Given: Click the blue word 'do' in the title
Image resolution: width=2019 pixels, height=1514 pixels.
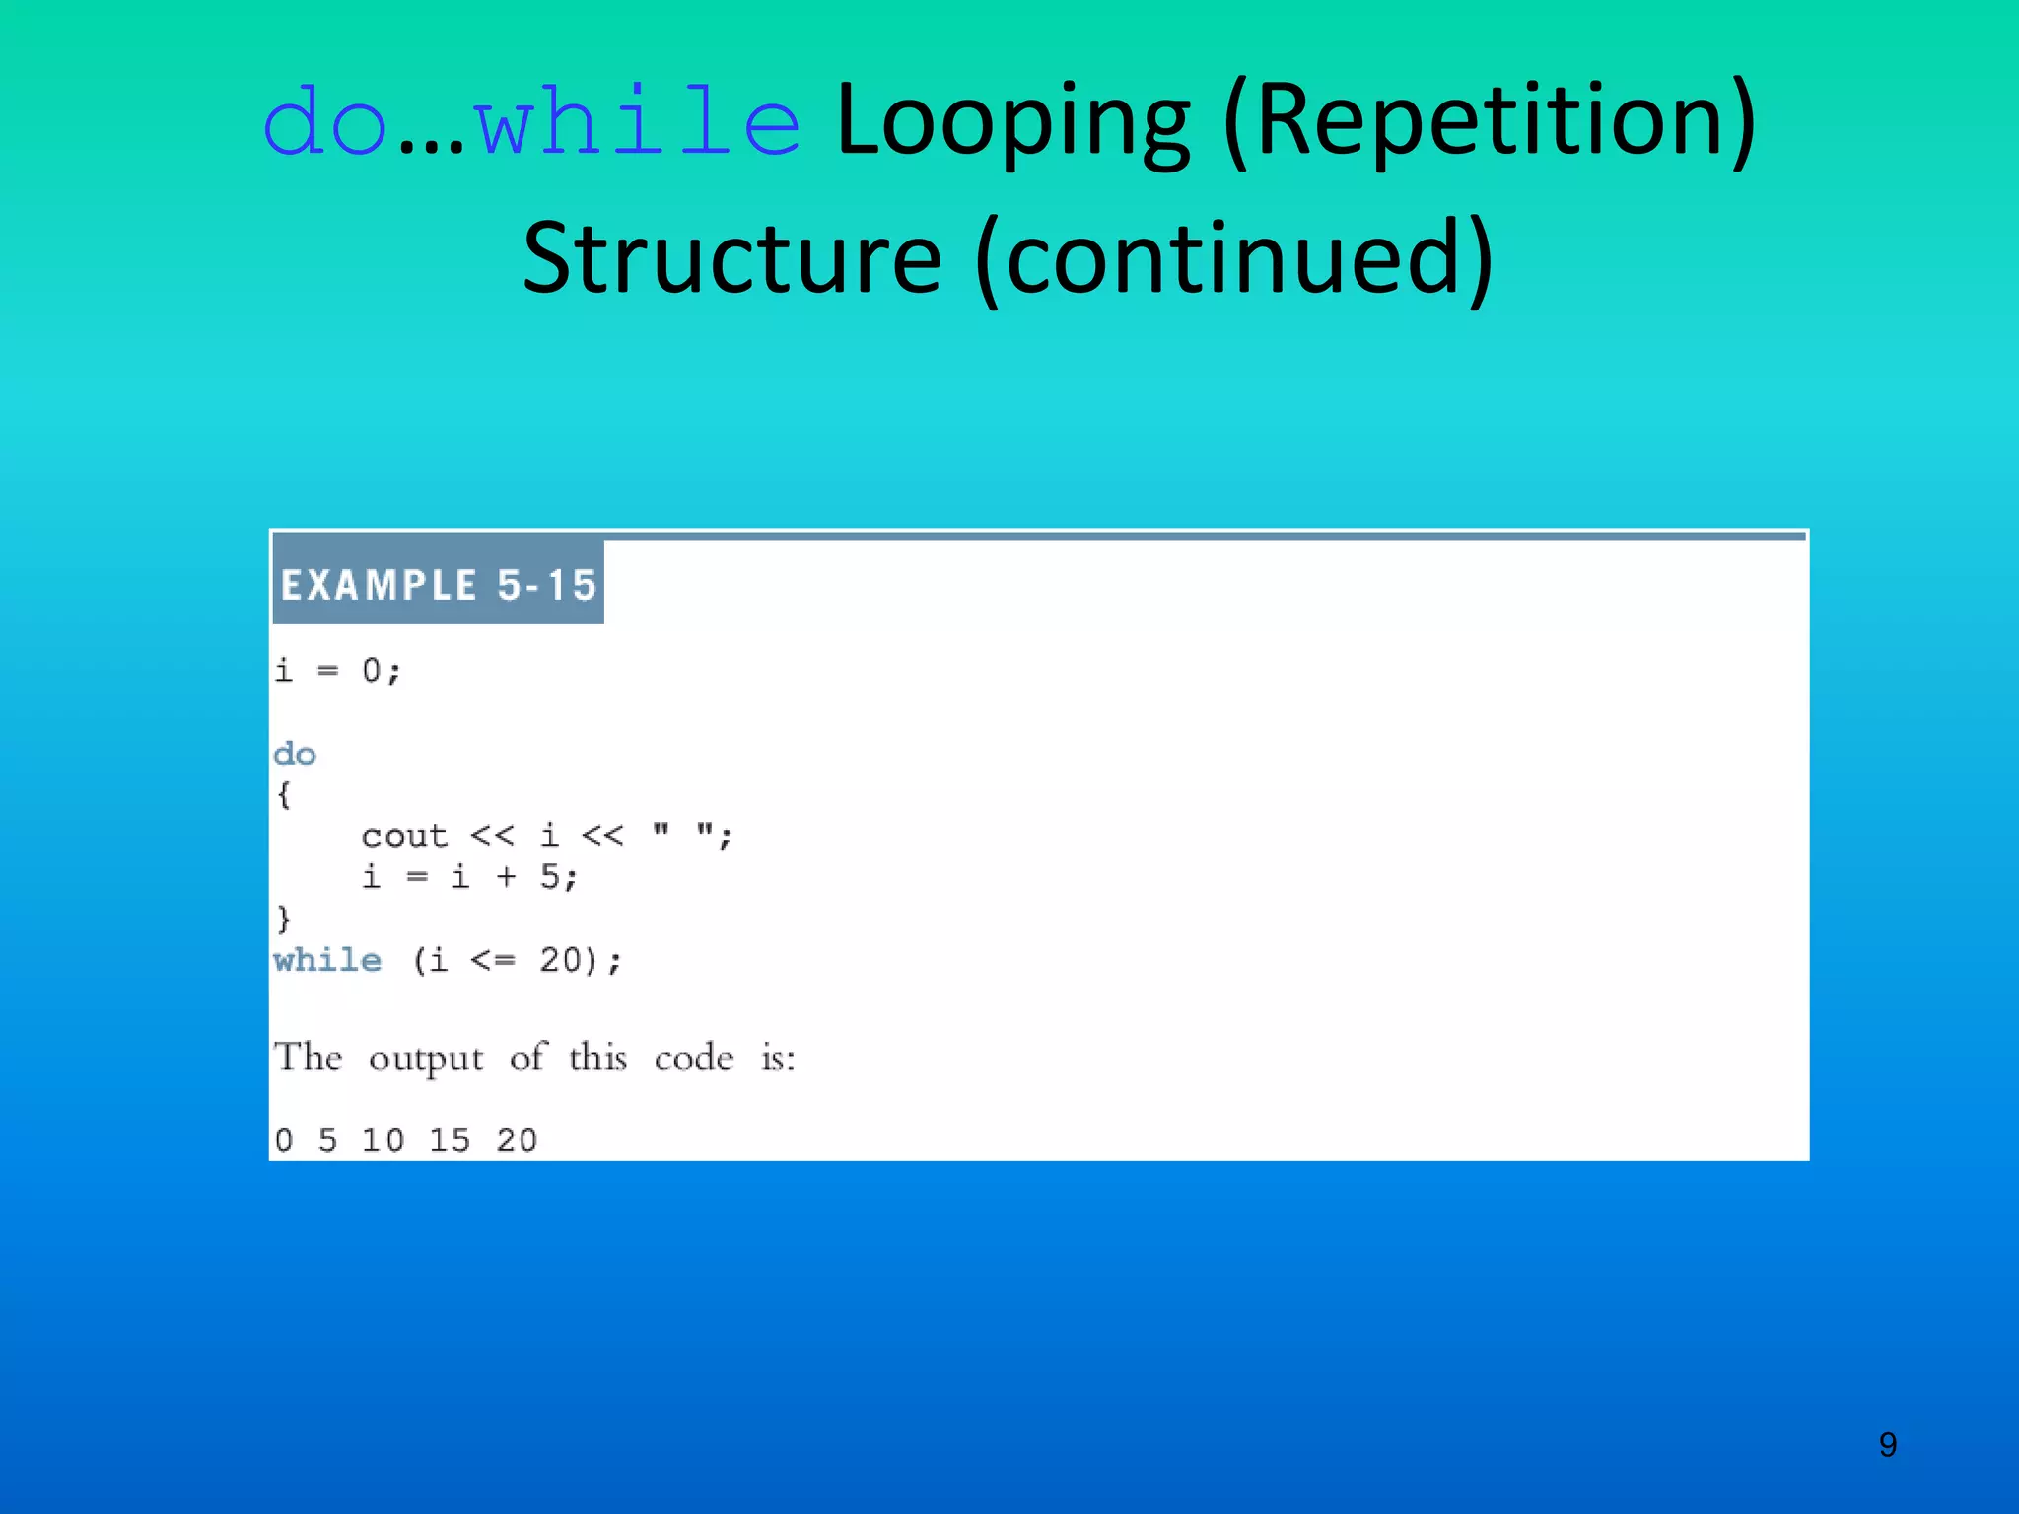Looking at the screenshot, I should click(x=324, y=123).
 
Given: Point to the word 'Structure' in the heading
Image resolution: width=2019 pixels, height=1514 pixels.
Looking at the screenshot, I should click(x=731, y=258).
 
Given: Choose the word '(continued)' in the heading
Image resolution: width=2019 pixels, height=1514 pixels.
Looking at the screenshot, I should click(x=1234, y=258).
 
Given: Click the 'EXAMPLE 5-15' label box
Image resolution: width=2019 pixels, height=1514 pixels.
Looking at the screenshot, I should click(x=439, y=585).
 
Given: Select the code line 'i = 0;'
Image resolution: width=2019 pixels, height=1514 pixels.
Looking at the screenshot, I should click(x=337, y=671).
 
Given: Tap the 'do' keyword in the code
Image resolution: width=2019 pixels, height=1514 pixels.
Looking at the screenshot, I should click(x=295, y=754).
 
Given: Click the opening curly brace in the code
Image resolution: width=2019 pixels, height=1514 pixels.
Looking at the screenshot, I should click(x=284, y=794).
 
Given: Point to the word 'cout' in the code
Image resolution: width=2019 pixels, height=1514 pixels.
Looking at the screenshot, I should click(x=404, y=836).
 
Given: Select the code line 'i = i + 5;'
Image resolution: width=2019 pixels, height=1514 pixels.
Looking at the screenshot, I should click(x=469, y=876).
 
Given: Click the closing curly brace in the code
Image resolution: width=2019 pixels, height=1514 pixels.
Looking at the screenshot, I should click(x=284, y=919).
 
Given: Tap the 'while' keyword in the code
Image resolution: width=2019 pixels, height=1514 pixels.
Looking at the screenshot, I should click(x=327, y=960).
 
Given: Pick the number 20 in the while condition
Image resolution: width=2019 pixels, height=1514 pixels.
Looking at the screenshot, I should click(x=560, y=960).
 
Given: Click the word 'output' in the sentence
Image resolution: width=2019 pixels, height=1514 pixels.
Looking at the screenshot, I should click(x=426, y=1059).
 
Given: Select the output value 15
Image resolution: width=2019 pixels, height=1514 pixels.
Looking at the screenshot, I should click(x=450, y=1140).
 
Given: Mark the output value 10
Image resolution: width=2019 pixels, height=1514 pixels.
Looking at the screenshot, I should click(x=383, y=1140).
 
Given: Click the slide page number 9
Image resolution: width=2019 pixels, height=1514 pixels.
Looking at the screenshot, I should click(x=1887, y=1445).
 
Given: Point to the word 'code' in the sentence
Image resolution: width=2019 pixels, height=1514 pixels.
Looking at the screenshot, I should click(x=694, y=1059).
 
